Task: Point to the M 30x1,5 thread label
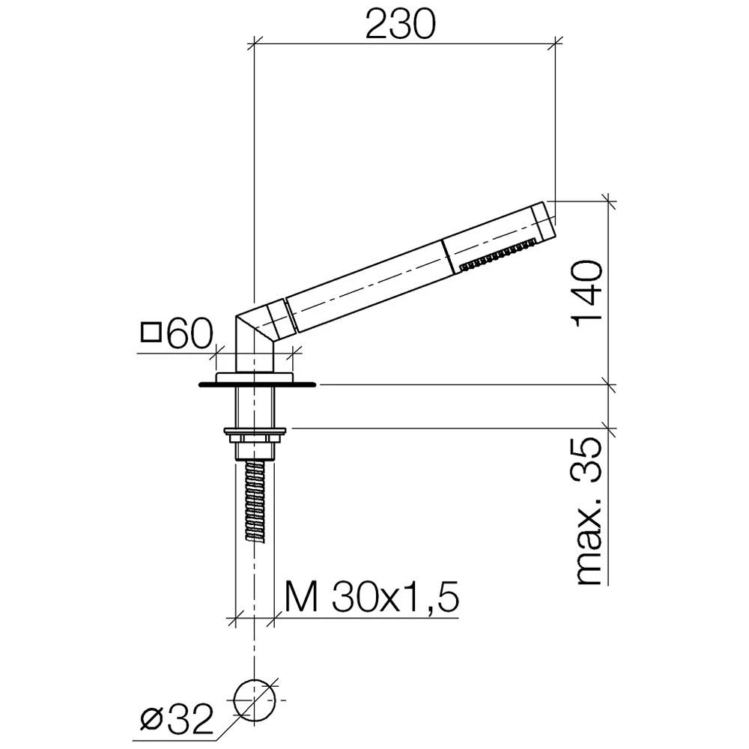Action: (x=372, y=597)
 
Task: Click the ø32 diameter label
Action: (x=177, y=719)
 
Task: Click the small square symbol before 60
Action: (x=151, y=333)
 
